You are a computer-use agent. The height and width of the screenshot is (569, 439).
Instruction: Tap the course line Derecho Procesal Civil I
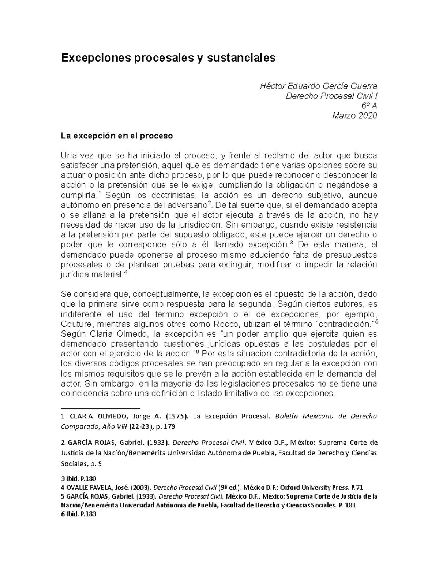[x=331, y=96]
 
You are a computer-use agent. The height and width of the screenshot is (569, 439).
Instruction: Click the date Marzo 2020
[x=354, y=116]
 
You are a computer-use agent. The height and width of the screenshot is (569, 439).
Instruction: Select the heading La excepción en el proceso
[x=117, y=136]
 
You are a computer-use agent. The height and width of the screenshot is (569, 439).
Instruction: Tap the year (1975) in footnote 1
[x=177, y=417]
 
